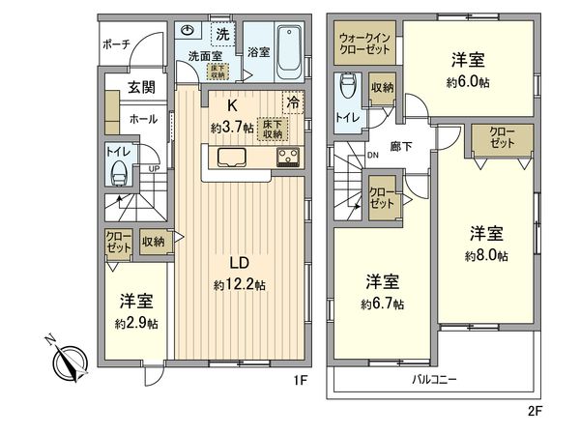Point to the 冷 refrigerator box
(x=290, y=101)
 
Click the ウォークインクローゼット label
(x=364, y=45)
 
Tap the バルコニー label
(x=433, y=378)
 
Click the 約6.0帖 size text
(x=468, y=83)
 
